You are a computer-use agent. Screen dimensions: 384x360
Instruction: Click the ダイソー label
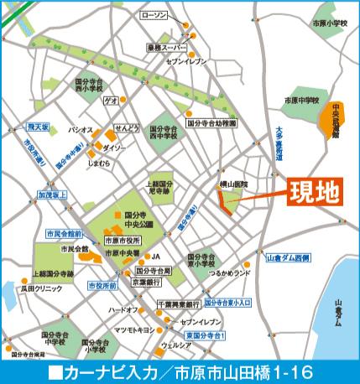115,148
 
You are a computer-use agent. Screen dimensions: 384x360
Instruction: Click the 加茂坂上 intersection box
50,194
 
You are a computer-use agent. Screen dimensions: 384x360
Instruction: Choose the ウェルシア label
177,344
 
